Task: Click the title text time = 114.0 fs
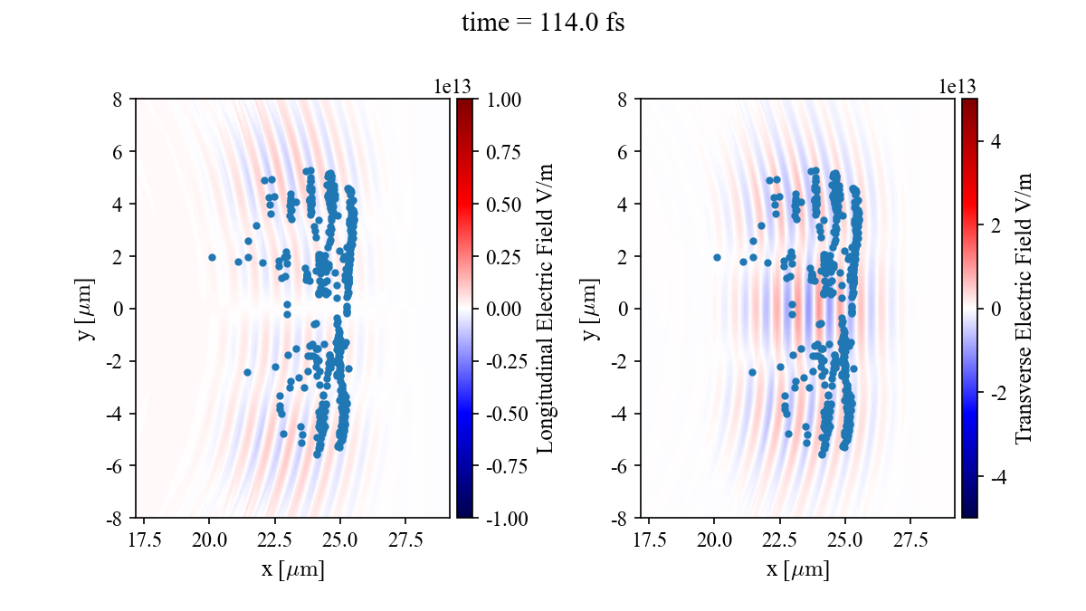[543, 24]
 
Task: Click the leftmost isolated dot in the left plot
[212, 257]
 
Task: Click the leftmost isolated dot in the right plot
[717, 257]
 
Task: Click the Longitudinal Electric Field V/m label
[546, 308]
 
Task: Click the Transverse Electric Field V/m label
[1024, 308]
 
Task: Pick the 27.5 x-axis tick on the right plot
[910, 539]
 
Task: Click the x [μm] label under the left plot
[292, 570]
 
